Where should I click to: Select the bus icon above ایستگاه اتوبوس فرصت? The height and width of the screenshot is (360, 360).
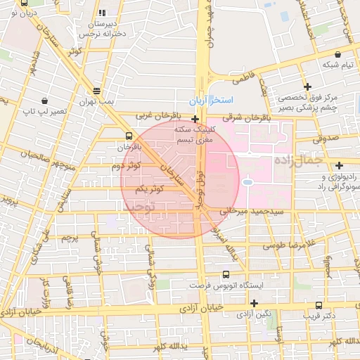click(226, 275)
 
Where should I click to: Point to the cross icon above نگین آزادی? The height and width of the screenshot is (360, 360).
click(254, 303)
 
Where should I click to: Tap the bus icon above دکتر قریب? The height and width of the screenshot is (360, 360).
click(319, 305)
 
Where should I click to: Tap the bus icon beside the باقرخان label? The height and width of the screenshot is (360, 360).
click(128, 136)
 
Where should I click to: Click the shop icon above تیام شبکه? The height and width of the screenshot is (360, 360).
click(338, 54)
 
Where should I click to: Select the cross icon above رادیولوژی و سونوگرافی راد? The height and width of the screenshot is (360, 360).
click(339, 165)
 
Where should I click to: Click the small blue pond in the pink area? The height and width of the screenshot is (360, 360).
click(247, 183)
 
